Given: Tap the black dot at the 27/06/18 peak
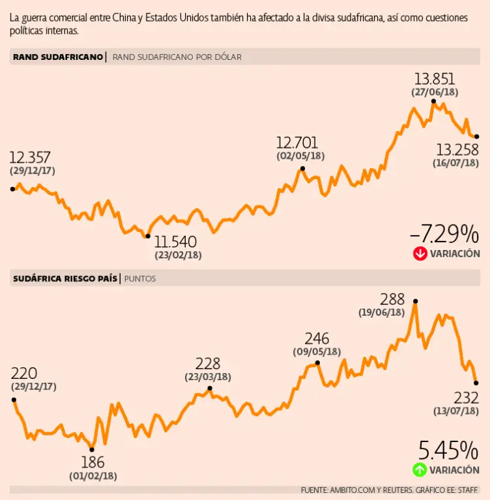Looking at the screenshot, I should point(433,101).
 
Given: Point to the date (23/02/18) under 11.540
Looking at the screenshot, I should point(177,255).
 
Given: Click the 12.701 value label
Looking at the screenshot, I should point(300,142).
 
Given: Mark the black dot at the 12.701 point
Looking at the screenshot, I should point(303,169).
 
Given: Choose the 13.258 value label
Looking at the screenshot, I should point(456,149).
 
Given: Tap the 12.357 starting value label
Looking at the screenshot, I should point(30,157).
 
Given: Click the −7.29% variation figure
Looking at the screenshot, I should point(444,233).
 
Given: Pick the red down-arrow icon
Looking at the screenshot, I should point(420,253).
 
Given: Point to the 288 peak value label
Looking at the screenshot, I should point(392,299).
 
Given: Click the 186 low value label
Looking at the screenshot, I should point(93,463).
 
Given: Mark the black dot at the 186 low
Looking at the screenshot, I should point(92,449).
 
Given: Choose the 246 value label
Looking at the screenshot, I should point(317,339).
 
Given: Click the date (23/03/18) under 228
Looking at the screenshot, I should point(208,376).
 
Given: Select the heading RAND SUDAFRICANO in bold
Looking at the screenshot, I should point(57,57).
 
